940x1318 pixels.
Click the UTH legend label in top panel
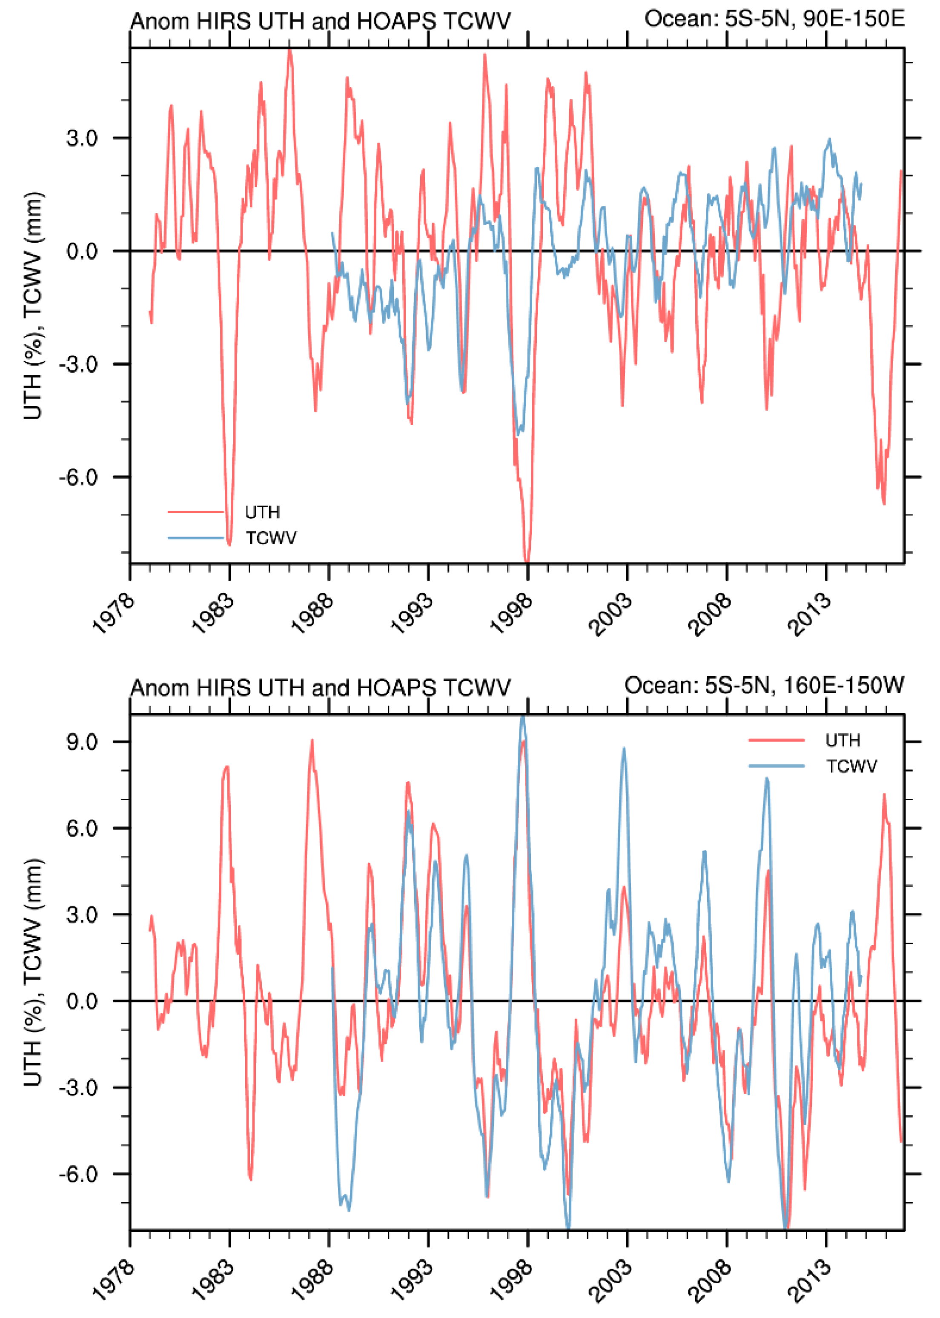point(262,512)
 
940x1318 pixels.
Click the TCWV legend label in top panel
point(271,538)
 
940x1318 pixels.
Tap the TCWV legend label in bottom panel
point(851,766)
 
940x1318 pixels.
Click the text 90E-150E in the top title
point(854,19)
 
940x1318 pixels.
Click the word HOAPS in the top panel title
point(396,21)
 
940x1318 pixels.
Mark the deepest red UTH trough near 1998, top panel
point(527,560)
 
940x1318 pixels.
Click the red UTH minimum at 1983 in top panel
point(229,544)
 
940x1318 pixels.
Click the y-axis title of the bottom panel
point(33,972)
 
